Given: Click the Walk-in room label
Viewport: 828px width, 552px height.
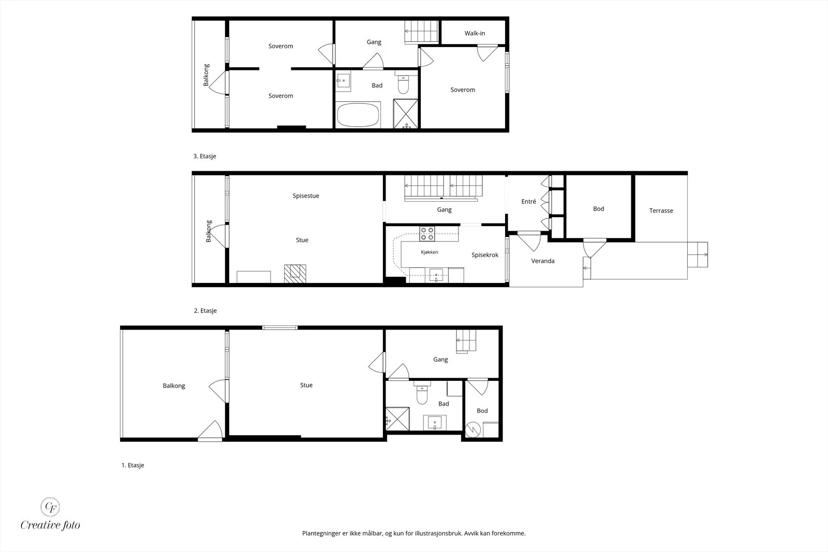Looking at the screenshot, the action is (475, 33).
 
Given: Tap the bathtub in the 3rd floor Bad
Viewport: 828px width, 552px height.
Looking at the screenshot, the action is (358, 115).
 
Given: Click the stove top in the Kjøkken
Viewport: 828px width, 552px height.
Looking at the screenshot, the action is (427, 234).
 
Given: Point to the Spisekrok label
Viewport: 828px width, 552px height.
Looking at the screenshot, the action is (485, 255).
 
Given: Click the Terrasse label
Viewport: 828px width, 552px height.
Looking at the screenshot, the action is (661, 211).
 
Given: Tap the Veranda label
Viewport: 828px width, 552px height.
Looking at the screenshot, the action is (543, 261).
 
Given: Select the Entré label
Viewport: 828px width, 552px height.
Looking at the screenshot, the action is (528, 201).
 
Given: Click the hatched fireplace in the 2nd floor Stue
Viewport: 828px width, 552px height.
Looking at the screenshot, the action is (295, 274).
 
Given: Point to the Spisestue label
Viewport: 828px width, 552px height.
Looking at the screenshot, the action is (306, 196).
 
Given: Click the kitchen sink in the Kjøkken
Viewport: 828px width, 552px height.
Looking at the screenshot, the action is (436, 275).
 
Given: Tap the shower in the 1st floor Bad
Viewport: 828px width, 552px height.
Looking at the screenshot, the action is (397, 419).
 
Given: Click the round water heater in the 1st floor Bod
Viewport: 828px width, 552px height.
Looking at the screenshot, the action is (473, 430).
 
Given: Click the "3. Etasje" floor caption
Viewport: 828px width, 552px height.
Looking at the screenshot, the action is (204, 156).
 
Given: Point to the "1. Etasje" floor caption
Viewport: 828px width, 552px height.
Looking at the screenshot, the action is (132, 465).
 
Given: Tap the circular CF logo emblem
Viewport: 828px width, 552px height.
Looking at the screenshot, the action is (50, 507).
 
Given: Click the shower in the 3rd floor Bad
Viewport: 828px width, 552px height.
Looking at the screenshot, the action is (406, 114).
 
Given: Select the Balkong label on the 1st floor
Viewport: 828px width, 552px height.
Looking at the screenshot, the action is (174, 386).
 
